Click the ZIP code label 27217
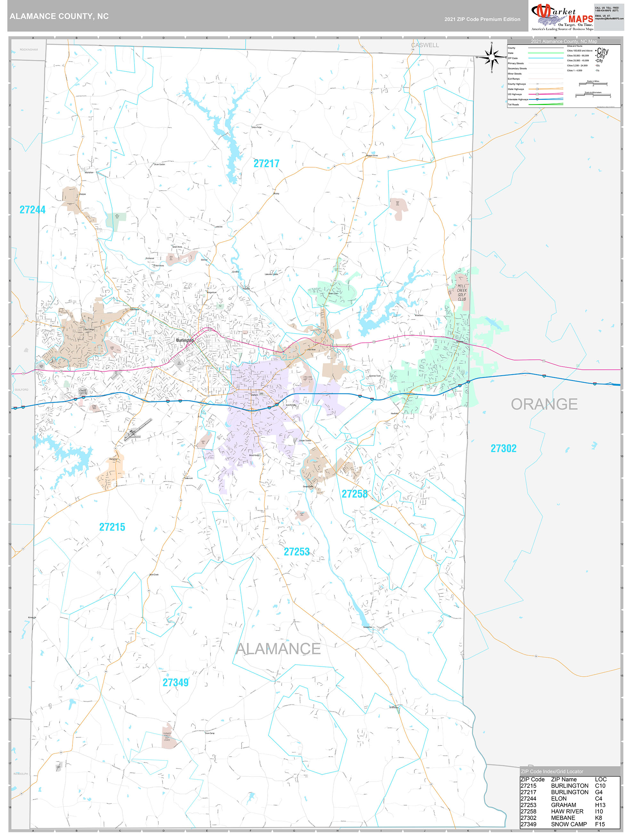pos(266,163)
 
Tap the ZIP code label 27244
pos(32,210)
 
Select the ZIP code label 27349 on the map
pos(175,682)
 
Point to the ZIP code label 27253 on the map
pos(296,552)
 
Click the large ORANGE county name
pos(544,404)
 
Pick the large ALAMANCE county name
pos(278,648)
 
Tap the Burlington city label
pos(184,340)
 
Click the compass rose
pos(491,58)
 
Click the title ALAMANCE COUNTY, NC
pos(59,16)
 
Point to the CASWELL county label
pos(425,45)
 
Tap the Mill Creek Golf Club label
pos(461,293)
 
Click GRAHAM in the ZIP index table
pos(563,805)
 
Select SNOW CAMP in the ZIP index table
pos(568,824)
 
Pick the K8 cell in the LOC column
pos(598,818)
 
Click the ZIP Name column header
pos(564,779)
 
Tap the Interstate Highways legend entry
pos(517,99)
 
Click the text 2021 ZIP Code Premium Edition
pos(482,19)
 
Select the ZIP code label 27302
pos(503,449)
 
